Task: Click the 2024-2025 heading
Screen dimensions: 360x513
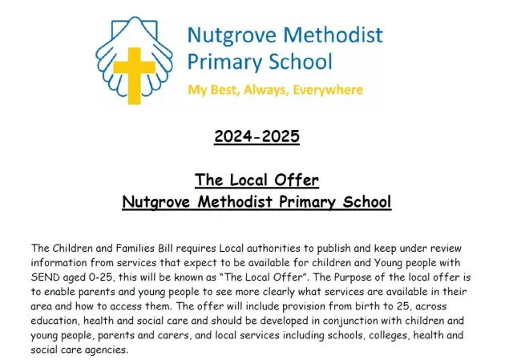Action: coord(256,137)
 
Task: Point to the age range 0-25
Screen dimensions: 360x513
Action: coord(103,274)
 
